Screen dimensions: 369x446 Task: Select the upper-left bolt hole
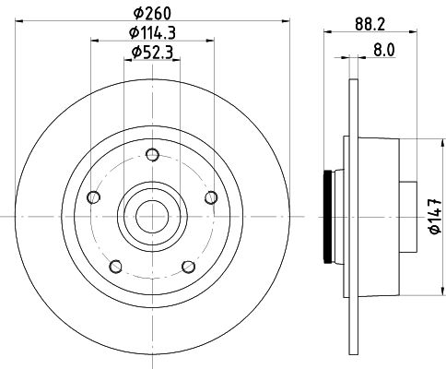pyautogui.click(x=93, y=196)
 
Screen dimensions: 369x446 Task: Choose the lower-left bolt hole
pyautogui.click(x=115, y=266)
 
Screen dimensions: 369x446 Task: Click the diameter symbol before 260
pyautogui.click(x=137, y=13)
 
